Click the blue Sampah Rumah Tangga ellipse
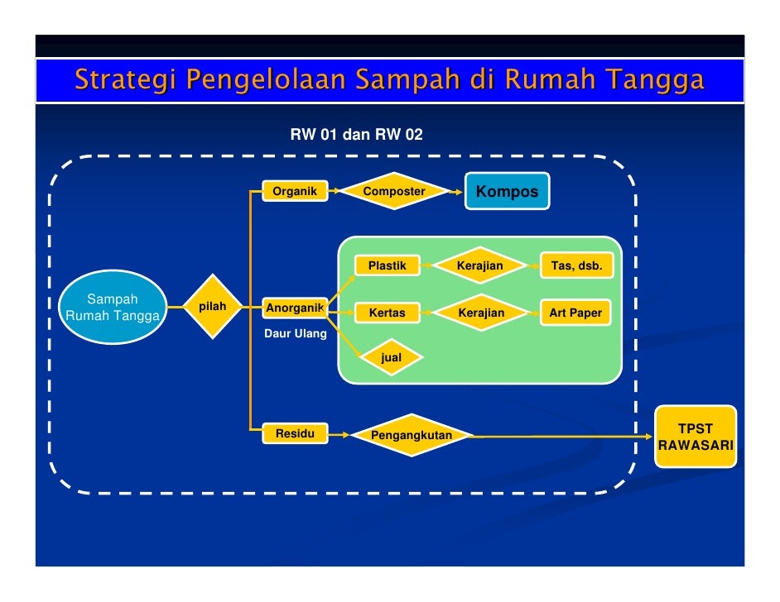tap(113, 307)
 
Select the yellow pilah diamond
tap(213, 307)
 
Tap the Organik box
tap(295, 192)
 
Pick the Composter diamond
tap(394, 192)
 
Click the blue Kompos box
tap(506, 192)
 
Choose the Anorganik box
tap(294, 308)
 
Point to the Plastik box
tap(387, 265)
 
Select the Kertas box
tap(387, 313)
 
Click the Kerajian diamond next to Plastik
tap(480, 265)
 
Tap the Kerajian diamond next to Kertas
tap(480, 313)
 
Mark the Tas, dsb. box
tap(575, 265)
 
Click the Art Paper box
tap(575, 313)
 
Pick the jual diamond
tap(391, 358)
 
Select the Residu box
tap(295, 433)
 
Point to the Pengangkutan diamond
tap(412, 435)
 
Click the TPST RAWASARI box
tap(696, 437)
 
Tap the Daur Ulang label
tap(295, 334)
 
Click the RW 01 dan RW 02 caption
tap(356, 134)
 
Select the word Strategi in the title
tap(126, 81)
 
